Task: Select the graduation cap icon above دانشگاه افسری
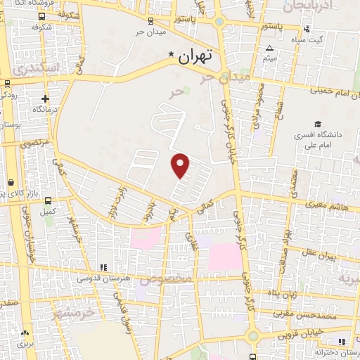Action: pos(319,124)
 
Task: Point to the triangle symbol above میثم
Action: pos(270,49)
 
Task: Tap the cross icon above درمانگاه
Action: pos(46,98)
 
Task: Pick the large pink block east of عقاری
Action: pos(223,257)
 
